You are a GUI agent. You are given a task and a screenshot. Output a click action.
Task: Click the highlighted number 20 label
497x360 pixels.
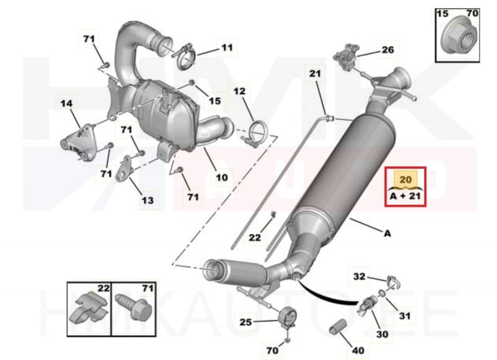point(405,179)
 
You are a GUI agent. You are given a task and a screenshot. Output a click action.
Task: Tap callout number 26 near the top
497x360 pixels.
point(387,50)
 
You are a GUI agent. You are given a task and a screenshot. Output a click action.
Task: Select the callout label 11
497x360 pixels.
point(226,47)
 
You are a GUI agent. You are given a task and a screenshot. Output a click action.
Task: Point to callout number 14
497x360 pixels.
point(66,104)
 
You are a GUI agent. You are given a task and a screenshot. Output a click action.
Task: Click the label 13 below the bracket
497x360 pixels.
point(147,200)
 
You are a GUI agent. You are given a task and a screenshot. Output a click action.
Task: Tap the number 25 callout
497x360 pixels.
point(246,322)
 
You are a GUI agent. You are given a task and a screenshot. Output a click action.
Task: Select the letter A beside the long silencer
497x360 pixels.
point(388,233)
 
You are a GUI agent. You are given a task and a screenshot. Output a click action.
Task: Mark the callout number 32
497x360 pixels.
point(360,277)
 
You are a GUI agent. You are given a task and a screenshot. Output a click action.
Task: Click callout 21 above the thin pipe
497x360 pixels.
point(315,74)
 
